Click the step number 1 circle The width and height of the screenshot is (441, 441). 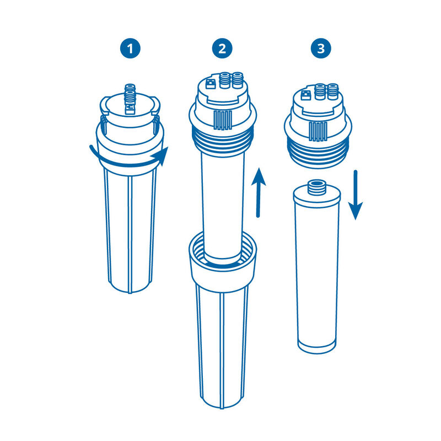coord(130,49)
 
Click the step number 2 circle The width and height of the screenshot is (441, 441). coord(222,49)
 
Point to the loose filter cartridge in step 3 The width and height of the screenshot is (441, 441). coord(317,270)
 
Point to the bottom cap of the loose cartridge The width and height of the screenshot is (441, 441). coord(318,345)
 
